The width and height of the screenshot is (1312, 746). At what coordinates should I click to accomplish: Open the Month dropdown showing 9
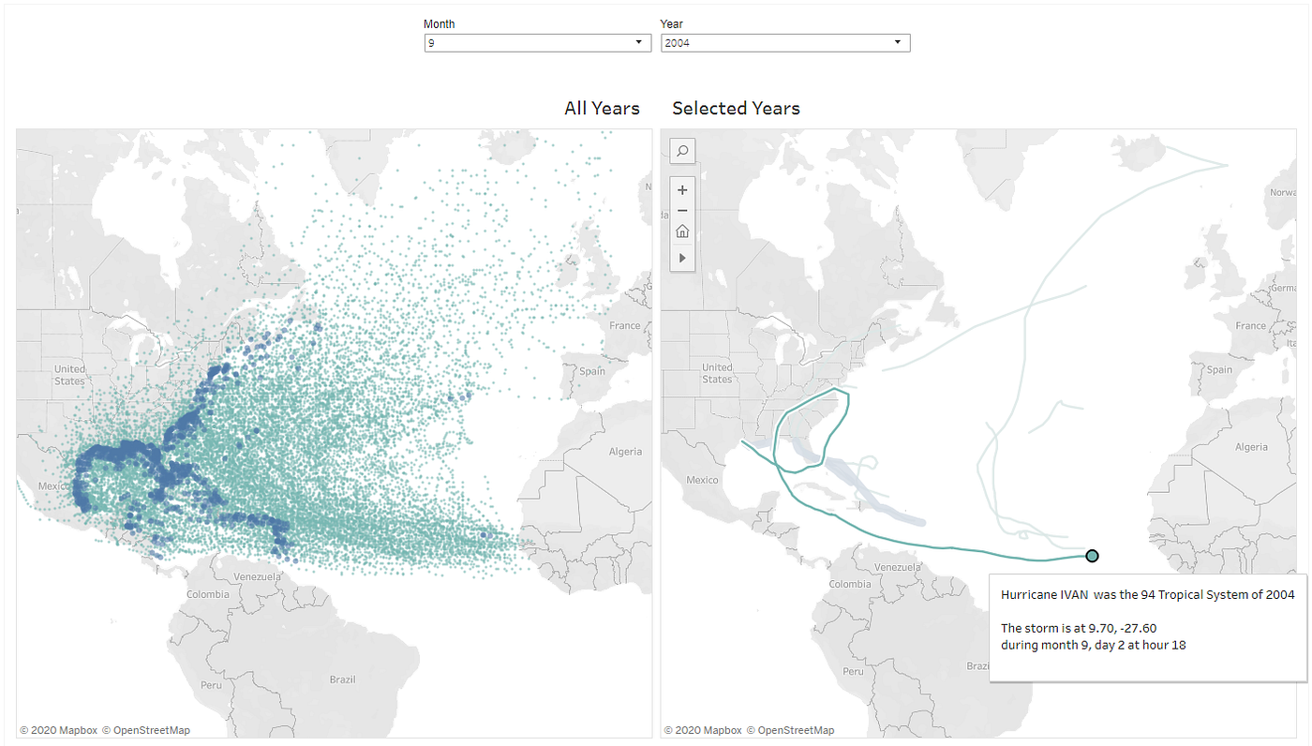(x=537, y=43)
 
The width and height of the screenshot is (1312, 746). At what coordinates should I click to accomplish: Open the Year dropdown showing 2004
(x=784, y=43)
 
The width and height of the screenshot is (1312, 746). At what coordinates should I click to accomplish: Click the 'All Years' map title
(x=602, y=109)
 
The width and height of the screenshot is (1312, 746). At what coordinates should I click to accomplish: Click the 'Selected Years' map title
(x=736, y=109)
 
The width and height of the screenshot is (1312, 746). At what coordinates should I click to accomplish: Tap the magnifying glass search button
(x=682, y=150)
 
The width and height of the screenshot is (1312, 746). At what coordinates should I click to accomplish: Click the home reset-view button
(x=682, y=231)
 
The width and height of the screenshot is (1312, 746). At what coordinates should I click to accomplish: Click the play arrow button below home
(x=682, y=257)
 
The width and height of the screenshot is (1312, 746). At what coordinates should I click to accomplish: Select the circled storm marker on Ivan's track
(x=1092, y=556)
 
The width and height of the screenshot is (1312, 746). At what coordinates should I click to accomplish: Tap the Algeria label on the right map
(x=1251, y=447)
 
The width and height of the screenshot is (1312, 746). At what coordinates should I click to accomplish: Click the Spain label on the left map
(x=591, y=371)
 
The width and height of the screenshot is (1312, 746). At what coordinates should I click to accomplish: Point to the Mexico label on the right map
(x=701, y=480)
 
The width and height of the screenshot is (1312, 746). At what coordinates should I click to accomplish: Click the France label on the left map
(x=625, y=326)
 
